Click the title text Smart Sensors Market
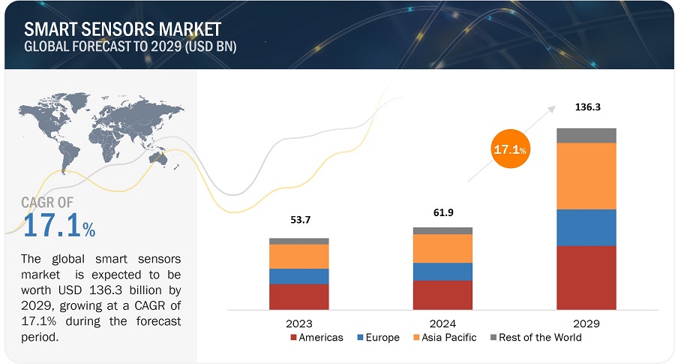(122, 29)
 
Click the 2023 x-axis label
(298, 323)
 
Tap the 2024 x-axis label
(442, 323)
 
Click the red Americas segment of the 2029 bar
(586, 277)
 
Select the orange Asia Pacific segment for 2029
(586, 176)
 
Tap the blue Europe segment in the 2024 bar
(442, 272)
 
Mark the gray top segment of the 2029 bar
(586, 135)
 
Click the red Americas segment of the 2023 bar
(298, 296)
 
